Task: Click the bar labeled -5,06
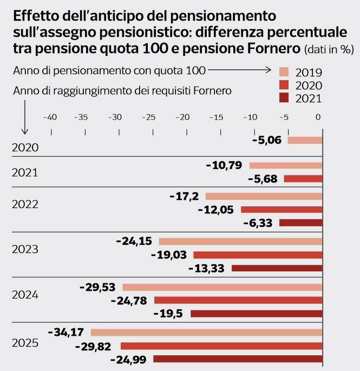(305, 140)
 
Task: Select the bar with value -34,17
(206, 332)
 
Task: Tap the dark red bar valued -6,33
(300, 223)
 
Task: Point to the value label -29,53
(99, 287)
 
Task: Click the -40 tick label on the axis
(50, 117)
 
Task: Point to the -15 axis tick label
(217, 117)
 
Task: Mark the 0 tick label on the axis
(318, 117)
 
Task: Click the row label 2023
(25, 249)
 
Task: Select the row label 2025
(25, 343)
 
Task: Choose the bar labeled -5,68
(303, 179)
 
